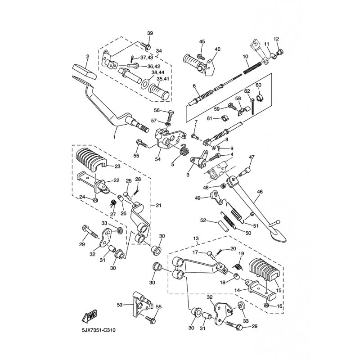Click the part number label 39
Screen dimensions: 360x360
point(150,33)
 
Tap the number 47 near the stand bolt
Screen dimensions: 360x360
point(252,157)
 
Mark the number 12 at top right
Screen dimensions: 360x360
point(276,39)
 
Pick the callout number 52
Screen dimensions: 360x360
point(203,220)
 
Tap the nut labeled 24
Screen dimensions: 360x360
point(95,199)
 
